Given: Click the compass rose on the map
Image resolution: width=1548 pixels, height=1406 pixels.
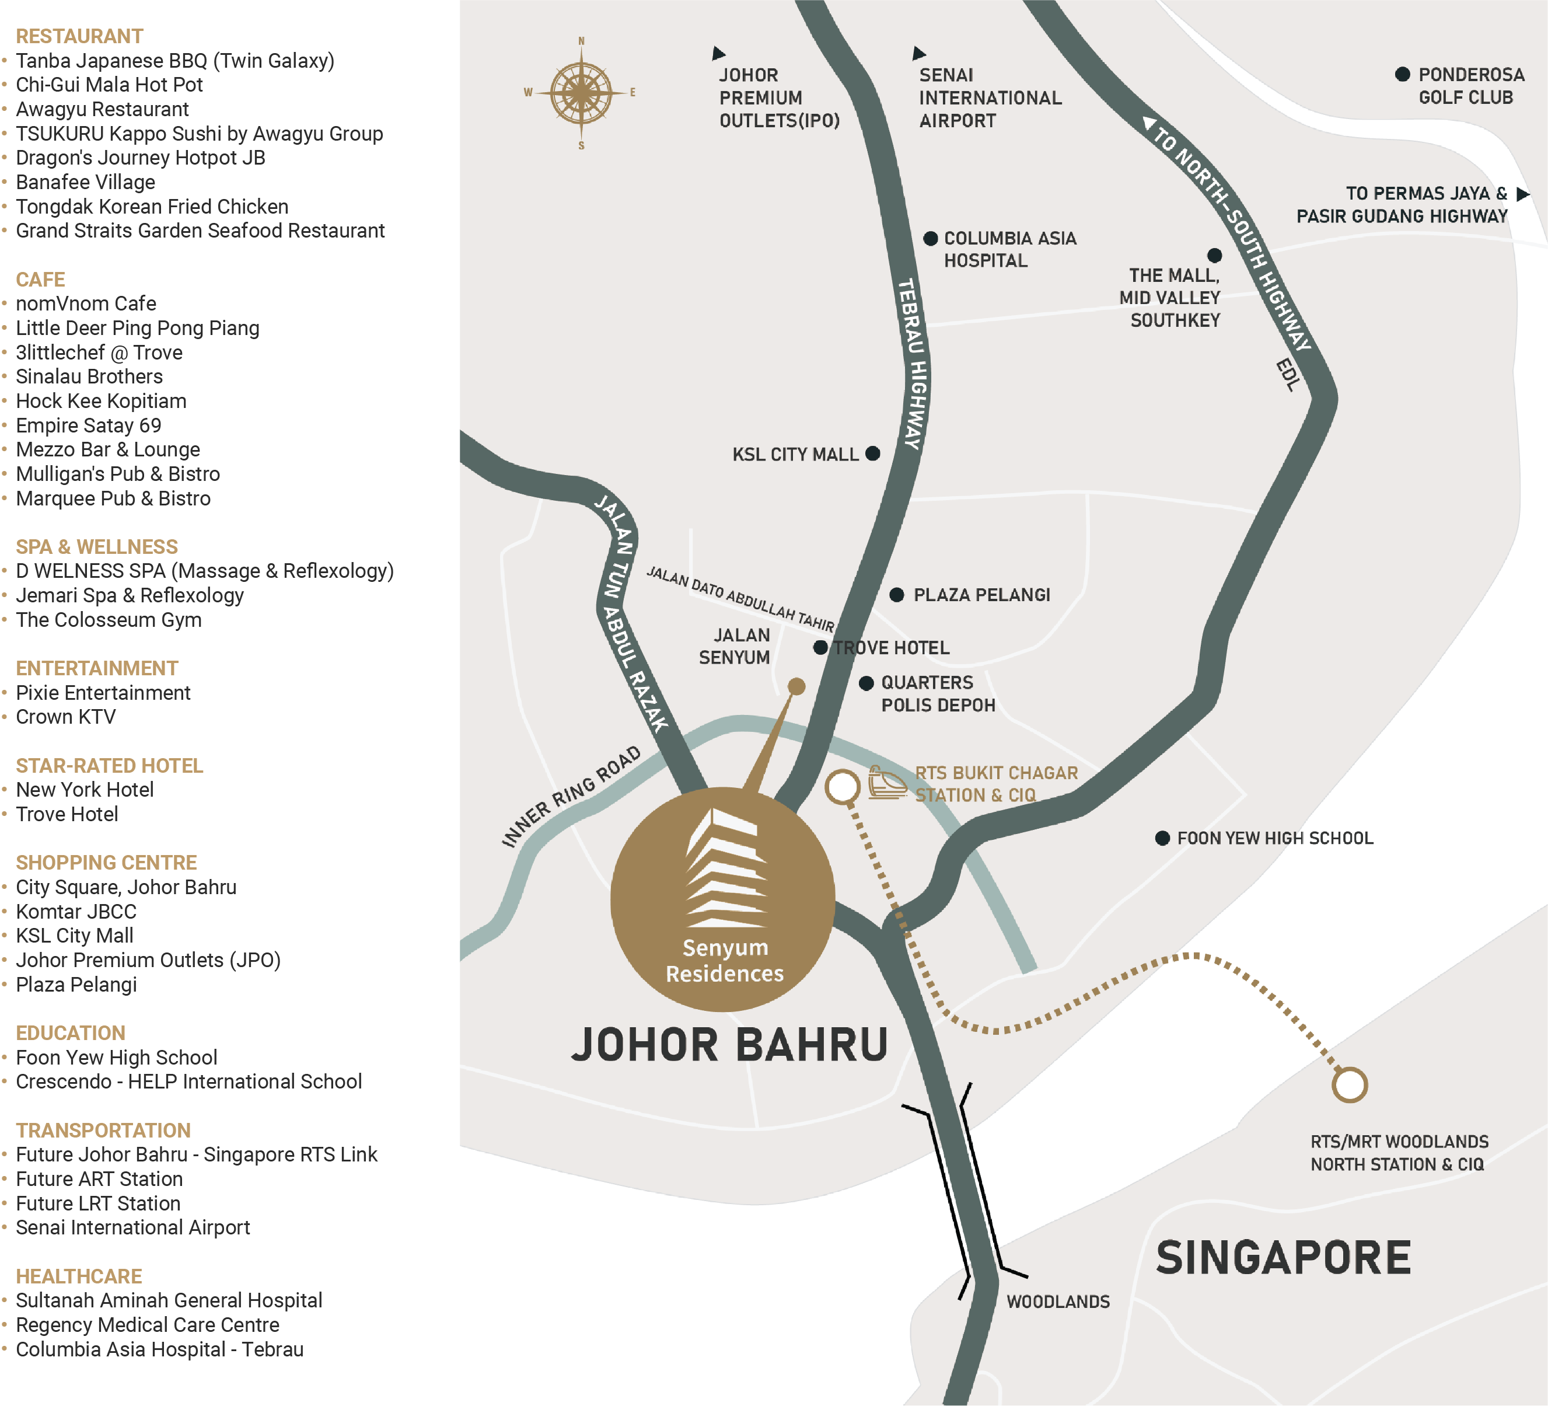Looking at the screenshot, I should pos(581,93).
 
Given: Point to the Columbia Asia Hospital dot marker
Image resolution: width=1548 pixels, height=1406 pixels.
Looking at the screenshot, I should pos(930,238).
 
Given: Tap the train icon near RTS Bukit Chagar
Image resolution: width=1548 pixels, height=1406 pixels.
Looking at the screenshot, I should pos(887,783).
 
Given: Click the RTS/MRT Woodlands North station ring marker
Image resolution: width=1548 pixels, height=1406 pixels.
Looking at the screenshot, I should pos(1349,1084).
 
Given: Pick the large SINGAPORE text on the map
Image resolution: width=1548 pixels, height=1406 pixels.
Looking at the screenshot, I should pos(1283,1257).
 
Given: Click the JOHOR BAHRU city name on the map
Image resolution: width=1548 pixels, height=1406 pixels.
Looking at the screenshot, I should pos(729,1045).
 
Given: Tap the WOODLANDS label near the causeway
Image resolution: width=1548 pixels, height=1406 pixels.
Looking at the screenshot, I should pos(1057,1302).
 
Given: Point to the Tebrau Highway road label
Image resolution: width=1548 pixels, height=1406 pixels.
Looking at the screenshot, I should pos(913,364).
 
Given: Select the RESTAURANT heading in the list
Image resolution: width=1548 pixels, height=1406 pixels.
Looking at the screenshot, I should pos(79,36).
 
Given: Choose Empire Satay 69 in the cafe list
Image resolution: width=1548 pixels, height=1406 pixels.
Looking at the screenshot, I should pos(88,425).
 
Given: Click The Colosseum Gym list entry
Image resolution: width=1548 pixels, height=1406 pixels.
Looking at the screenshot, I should pos(109,620).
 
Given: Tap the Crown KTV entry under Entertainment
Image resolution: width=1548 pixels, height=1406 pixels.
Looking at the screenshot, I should pos(66,717).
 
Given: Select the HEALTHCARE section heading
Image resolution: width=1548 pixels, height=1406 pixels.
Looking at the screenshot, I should pos(79,1276).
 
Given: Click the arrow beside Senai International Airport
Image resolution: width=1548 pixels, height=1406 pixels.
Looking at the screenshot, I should pos(918,53).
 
